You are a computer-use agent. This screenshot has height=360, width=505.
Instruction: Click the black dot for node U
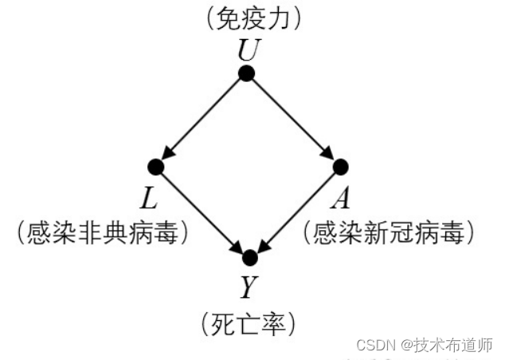pos(247,73)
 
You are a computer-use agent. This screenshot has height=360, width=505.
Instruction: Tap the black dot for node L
pos(156,167)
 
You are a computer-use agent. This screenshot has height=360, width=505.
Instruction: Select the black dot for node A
pos(341,167)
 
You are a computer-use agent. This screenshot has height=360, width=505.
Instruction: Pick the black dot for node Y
pos(250,258)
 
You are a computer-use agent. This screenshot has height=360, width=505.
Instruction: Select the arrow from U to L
pos(202,120)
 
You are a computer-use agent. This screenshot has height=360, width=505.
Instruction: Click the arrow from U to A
pos(294,120)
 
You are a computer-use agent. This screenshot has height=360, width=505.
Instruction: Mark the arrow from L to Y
pos(203,213)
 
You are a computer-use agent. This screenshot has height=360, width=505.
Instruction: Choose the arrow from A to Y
pos(296,213)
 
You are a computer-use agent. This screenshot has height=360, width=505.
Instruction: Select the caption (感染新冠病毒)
pos(391,232)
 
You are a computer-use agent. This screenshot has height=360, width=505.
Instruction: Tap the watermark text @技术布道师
pos(447,345)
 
